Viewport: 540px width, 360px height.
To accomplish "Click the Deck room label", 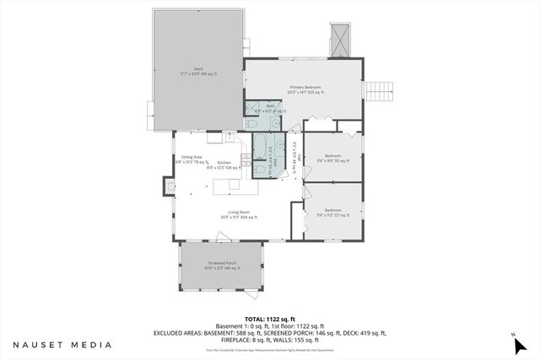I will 198,72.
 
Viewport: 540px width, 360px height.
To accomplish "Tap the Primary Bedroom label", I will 306,89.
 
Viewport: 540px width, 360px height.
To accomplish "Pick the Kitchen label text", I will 224,164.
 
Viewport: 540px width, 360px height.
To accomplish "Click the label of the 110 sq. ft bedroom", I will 332,158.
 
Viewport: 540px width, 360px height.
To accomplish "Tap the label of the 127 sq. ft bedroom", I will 332,212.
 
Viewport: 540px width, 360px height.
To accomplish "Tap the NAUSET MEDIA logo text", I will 62,345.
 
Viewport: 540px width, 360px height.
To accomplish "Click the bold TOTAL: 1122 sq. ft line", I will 269,319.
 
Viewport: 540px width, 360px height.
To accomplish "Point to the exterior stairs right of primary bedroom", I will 381,89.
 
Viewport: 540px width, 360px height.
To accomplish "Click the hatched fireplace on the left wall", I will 169,184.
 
